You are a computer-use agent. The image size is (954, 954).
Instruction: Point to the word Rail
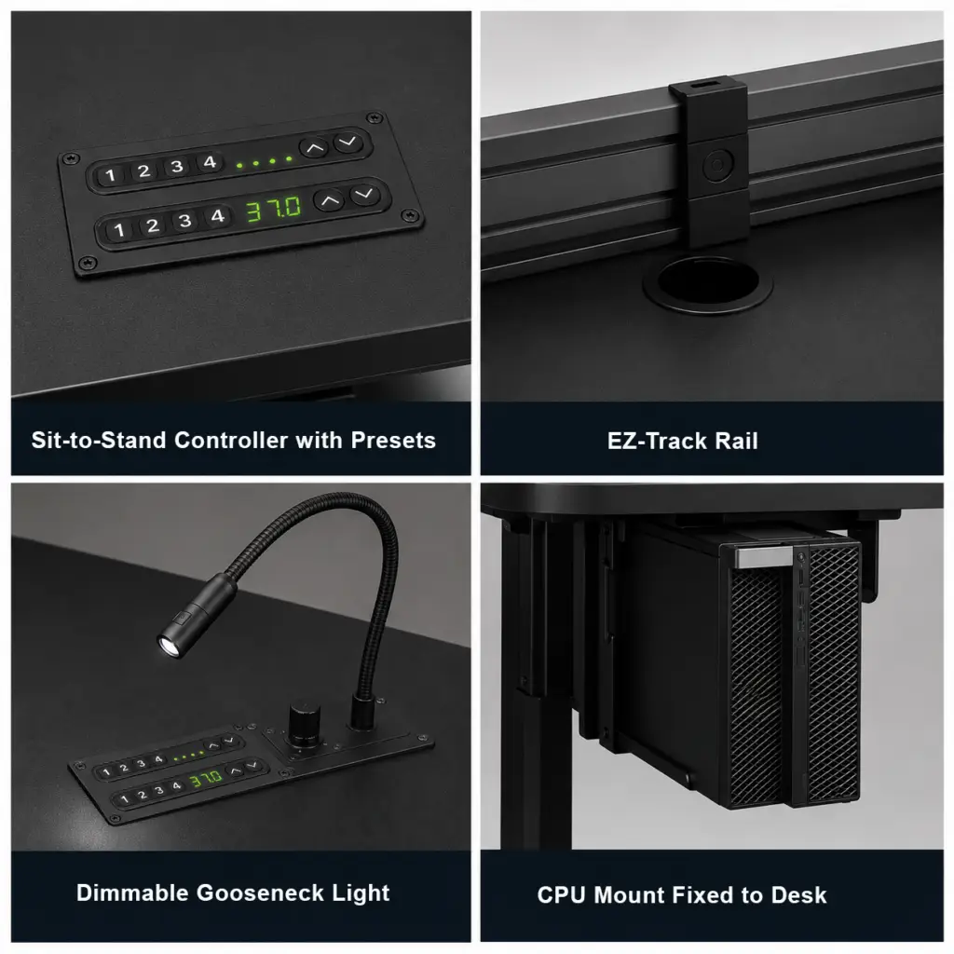tap(736, 441)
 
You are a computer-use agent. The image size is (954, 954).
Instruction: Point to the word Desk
tap(798, 895)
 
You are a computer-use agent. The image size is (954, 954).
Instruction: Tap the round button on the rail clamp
tap(717, 164)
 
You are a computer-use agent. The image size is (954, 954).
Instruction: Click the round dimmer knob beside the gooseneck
tap(305, 724)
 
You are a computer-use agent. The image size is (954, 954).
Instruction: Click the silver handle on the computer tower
tap(764, 556)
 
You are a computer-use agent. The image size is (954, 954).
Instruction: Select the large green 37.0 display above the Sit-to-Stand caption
tap(273, 209)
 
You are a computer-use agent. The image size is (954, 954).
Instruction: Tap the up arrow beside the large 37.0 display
tap(329, 200)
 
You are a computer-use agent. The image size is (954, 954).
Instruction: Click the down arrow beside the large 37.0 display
tap(364, 194)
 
